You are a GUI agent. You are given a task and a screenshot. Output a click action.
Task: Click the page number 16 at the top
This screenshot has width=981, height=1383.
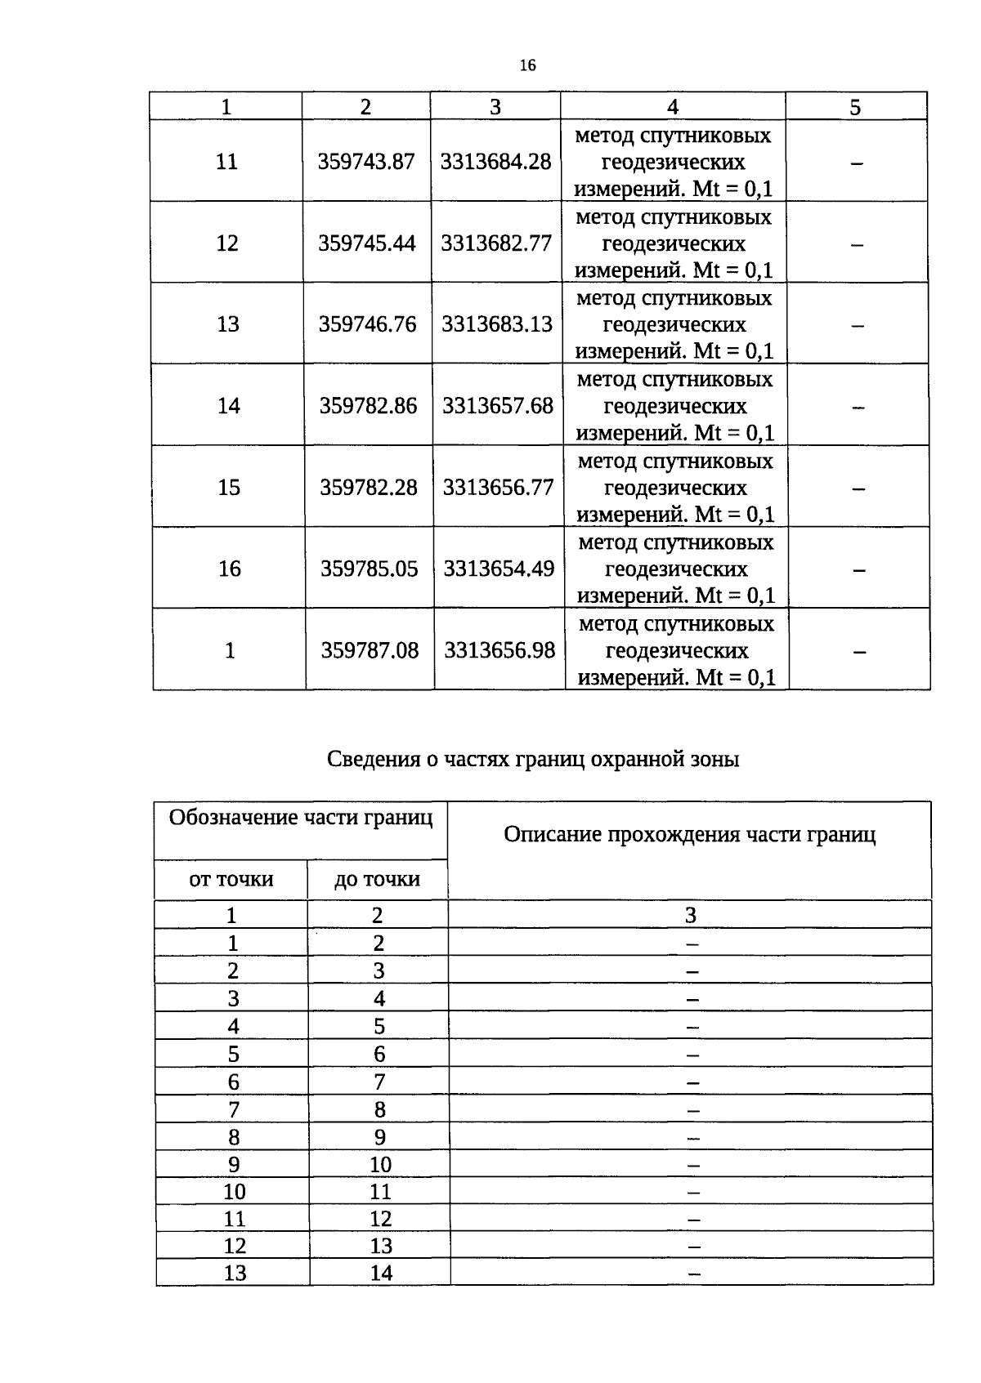point(527,65)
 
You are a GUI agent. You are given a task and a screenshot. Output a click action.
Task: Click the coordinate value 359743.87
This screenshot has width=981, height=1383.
point(366,162)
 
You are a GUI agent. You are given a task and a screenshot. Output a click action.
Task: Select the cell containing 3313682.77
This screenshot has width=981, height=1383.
point(496,243)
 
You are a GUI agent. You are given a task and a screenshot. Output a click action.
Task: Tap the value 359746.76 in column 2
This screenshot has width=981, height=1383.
point(368,324)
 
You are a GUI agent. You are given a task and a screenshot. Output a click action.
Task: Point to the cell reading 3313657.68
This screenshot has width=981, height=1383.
point(498,406)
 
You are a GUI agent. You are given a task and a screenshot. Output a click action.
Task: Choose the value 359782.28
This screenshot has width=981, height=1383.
point(369,488)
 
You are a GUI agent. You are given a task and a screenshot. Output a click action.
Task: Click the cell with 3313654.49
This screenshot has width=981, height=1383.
point(499,569)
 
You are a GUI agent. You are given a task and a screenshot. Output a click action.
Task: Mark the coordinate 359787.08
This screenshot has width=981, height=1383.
point(370,650)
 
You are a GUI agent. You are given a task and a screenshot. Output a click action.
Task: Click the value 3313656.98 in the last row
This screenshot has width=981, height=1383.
point(499,650)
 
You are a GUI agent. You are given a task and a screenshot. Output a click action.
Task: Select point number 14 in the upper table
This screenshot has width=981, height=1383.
point(229,406)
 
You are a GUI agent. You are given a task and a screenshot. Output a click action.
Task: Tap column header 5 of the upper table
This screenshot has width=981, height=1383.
point(855,108)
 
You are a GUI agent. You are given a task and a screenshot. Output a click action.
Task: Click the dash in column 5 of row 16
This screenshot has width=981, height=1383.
point(858,569)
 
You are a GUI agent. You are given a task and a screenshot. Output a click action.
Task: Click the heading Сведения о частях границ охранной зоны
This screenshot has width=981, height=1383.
point(533,760)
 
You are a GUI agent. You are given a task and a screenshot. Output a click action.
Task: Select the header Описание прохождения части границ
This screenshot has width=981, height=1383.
point(689,835)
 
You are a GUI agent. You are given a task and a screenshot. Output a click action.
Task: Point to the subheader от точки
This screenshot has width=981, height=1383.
point(231,880)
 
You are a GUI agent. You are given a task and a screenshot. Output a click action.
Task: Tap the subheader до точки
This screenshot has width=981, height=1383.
point(377,880)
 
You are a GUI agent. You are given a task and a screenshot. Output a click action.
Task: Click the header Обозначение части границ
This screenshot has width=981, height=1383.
point(300,818)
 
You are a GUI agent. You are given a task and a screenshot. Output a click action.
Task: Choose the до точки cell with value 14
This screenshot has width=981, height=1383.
point(381,1274)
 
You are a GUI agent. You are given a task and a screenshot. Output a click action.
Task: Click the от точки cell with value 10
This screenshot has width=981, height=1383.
point(235,1192)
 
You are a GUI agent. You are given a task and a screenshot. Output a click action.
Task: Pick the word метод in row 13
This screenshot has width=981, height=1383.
point(606,299)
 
